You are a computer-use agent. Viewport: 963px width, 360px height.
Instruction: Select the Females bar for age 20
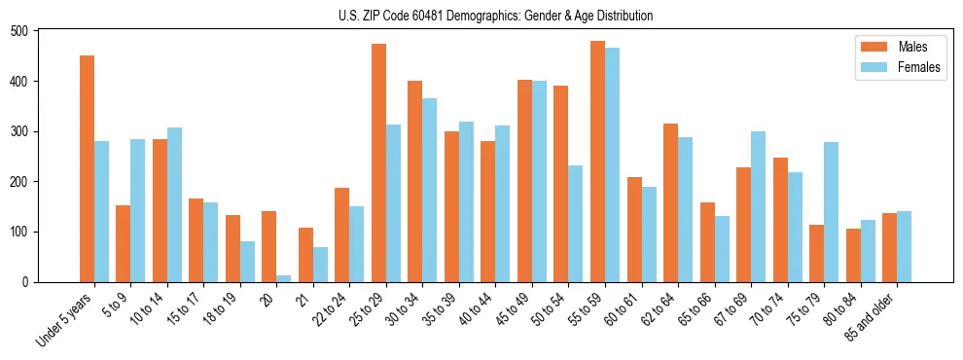coord(283,278)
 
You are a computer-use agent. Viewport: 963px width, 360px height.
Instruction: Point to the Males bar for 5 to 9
coord(123,243)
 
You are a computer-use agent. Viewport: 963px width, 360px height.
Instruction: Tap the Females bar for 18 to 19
coord(247,262)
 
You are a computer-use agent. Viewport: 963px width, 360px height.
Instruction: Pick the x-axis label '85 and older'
coord(872,316)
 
